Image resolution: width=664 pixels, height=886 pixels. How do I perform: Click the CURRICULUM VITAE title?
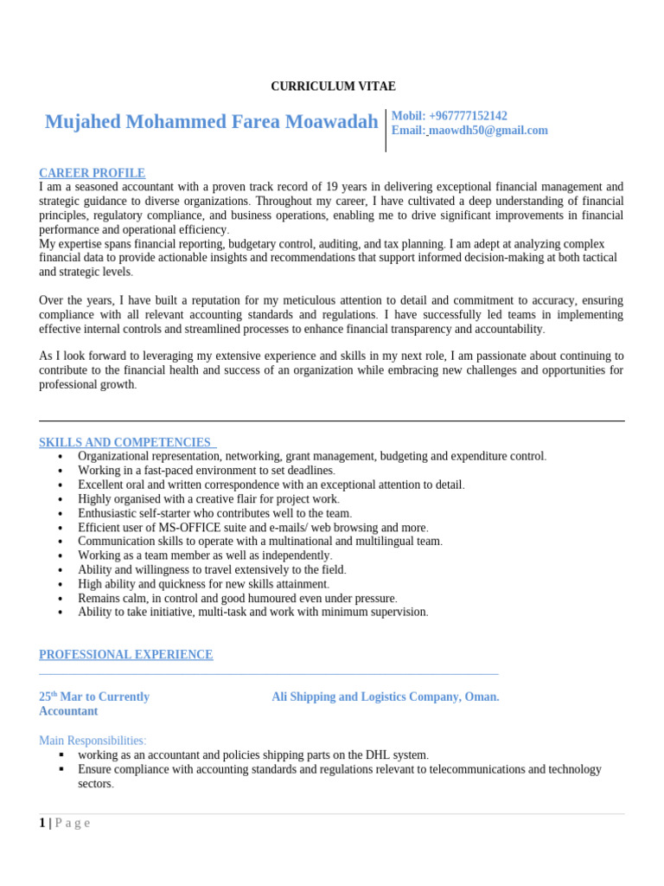[333, 87]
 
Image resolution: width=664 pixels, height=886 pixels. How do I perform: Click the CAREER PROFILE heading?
[92, 173]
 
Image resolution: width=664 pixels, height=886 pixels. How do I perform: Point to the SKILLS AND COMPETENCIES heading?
[124, 442]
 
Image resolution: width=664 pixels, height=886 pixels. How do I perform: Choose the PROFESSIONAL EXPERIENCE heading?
[125, 655]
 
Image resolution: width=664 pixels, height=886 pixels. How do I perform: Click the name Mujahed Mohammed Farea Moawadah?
[211, 122]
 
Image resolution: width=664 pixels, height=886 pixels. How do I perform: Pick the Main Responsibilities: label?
[93, 741]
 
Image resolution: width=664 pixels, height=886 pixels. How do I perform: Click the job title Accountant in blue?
[68, 711]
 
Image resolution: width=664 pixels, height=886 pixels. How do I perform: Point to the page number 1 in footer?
[42, 823]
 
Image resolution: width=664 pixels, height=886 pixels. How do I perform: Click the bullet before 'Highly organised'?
[60, 499]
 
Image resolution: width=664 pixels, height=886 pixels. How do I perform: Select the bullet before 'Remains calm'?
[60, 598]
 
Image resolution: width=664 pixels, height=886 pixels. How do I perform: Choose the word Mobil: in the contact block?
[408, 116]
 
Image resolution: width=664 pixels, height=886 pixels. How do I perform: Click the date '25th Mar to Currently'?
[94, 697]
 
